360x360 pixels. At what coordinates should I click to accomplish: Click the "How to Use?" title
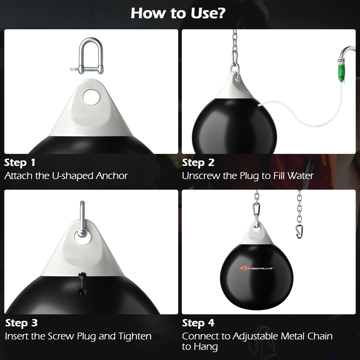[x=178, y=13]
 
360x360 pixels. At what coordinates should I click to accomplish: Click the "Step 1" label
[x=20, y=163]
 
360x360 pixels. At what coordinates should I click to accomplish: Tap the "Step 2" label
[x=198, y=163]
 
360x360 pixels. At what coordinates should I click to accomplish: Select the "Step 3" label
[x=21, y=323]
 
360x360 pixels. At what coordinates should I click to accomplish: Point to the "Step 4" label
[x=198, y=323]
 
